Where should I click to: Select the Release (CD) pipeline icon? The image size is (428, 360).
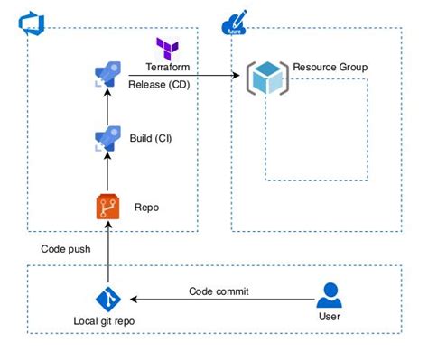[x=107, y=76]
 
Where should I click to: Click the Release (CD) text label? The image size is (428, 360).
[x=158, y=85]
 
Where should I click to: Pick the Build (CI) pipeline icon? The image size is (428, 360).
[x=107, y=139]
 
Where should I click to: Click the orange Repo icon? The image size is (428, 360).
[x=107, y=207]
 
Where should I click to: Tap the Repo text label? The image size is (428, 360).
[x=146, y=207]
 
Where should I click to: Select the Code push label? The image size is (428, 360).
[x=66, y=248]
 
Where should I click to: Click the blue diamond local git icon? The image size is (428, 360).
[x=107, y=300]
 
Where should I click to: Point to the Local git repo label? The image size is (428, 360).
[x=107, y=321]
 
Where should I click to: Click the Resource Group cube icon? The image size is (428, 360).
[x=268, y=78]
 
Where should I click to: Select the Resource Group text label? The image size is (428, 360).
[x=330, y=68]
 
